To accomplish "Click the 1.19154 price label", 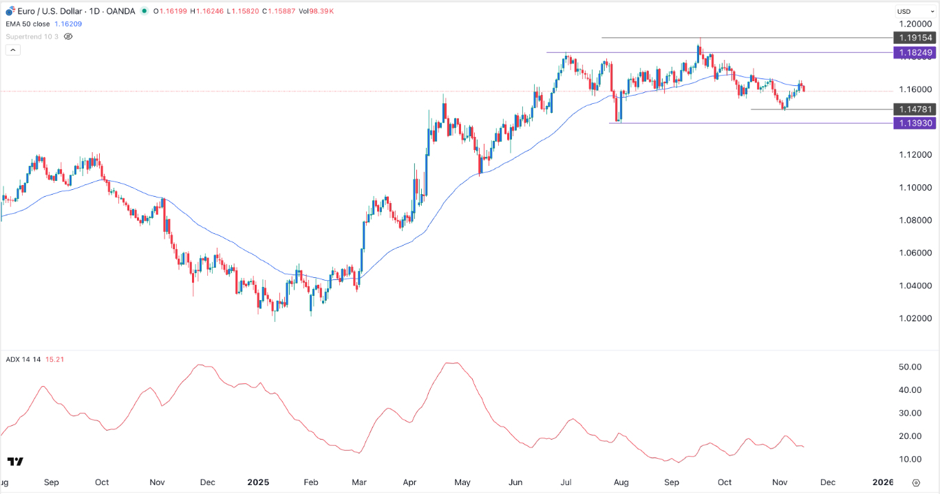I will pyautogui.click(x=912, y=38).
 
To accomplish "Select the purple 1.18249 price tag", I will pyautogui.click(x=912, y=52).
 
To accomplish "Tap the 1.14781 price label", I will pyautogui.click(x=912, y=109).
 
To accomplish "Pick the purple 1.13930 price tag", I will pyautogui.click(x=912, y=123).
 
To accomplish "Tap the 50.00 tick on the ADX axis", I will pyautogui.click(x=910, y=367).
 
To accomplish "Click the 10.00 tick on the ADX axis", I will pyautogui.click(x=910, y=460).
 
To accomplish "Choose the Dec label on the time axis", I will pyautogui.click(x=829, y=482).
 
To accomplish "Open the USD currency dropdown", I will pyautogui.click(x=912, y=12).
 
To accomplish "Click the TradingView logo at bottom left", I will pyautogui.click(x=16, y=462).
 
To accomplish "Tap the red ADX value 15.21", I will pyautogui.click(x=54, y=358).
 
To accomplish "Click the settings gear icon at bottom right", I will pyautogui.click(x=916, y=482).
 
